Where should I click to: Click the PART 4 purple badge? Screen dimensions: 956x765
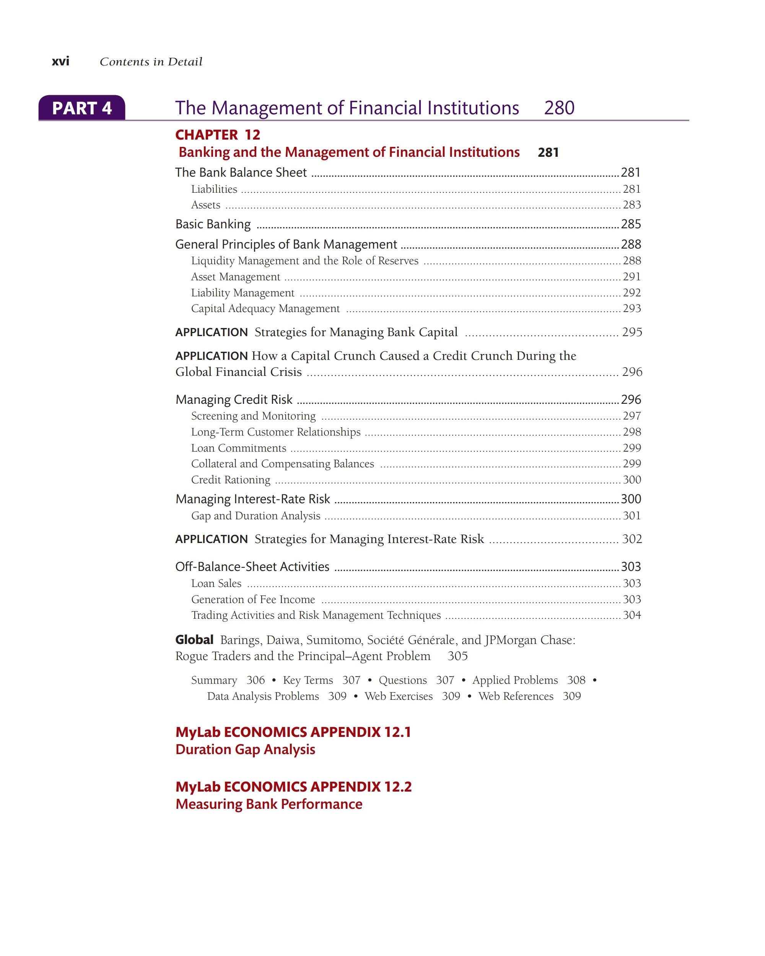[81, 108]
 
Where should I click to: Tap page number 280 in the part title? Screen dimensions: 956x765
[559, 108]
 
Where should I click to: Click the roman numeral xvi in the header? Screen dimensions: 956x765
[60, 61]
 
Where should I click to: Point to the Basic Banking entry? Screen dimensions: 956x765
[213, 224]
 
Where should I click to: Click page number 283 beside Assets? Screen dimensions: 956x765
[632, 205]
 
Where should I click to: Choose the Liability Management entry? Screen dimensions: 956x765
[243, 293]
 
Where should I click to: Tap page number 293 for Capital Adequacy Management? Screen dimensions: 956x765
[632, 309]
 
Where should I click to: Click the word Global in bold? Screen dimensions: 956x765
[194, 640]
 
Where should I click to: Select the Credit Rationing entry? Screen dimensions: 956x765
[231, 480]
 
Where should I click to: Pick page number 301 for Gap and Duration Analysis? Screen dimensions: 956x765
[632, 516]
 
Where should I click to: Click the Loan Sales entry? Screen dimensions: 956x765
[216, 584]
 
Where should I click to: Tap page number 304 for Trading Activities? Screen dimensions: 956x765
[632, 615]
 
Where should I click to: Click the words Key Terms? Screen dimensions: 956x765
[308, 680]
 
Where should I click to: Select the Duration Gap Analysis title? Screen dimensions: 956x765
[245, 750]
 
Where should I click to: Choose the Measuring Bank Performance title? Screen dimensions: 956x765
[269, 804]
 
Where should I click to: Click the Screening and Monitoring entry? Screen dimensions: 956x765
[253, 416]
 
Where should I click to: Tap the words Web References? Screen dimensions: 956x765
[516, 696]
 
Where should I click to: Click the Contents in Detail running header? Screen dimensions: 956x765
[151, 62]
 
